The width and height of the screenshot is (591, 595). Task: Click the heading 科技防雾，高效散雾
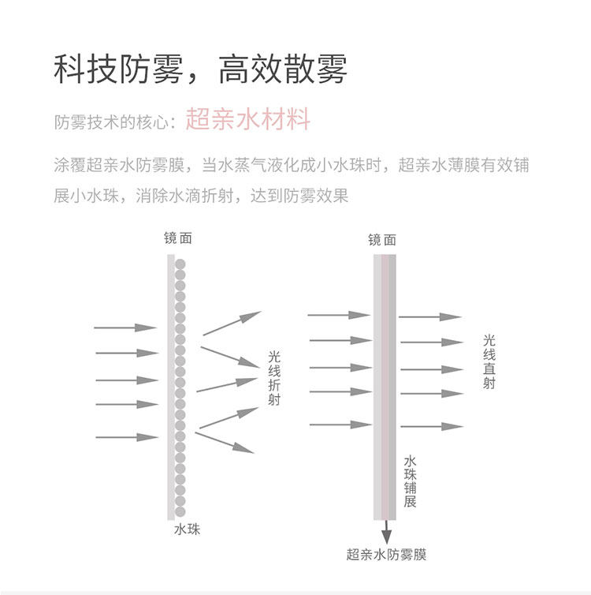click(x=200, y=70)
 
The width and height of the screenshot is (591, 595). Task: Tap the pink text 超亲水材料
click(x=248, y=120)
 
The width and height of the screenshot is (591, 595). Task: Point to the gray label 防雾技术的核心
click(x=113, y=122)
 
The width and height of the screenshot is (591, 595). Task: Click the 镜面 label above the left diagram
click(x=177, y=238)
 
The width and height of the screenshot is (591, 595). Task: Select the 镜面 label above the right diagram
click(x=382, y=240)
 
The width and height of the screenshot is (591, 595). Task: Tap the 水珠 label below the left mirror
click(x=187, y=529)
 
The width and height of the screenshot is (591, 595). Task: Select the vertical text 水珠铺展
click(x=410, y=481)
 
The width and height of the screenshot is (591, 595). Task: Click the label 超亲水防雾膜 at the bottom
click(x=386, y=554)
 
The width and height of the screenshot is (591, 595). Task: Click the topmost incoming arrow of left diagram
click(x=126, y=327)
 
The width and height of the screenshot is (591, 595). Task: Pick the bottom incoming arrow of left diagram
click(x=126, y=436)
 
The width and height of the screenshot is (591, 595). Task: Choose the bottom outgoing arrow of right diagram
click(x=430, y=426)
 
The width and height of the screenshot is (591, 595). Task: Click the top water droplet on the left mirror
click(x=180, y=264)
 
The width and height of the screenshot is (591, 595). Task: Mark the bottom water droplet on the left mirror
click(x=180, y=511)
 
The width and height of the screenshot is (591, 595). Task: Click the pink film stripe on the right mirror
click(x=385, y=387)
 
